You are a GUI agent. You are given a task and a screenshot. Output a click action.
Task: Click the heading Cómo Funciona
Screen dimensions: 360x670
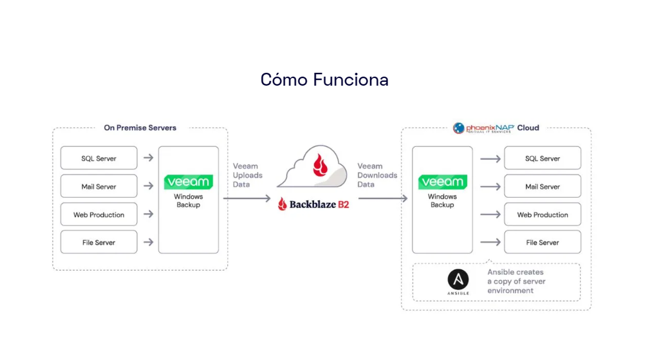click(x=324, y=80)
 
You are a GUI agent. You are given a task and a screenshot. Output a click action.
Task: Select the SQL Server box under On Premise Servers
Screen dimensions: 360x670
click(x=98, y=158)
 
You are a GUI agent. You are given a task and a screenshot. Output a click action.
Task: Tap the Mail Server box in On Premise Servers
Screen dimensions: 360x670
click(x=98, y=187)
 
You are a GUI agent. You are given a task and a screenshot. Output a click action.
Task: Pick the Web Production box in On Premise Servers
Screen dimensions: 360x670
click(x=98, y=214)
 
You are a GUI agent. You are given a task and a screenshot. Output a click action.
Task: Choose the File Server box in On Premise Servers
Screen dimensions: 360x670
click(x=98, y=243)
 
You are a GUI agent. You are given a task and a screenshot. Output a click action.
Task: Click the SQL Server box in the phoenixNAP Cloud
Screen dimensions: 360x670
click(x=543, y=158)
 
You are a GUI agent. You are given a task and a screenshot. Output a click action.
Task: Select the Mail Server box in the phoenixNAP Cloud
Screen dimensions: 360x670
click(x=543, y=187)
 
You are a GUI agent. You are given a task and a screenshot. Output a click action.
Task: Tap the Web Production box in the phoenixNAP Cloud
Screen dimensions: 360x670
click(x=543, y=214)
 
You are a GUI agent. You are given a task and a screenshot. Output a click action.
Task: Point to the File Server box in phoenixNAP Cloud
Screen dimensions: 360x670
click(x=543, y=243)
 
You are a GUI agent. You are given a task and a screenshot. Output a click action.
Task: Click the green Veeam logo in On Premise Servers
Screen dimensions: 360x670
click(x=189, y=182)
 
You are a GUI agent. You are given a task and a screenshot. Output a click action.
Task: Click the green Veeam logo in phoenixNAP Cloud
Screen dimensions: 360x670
click(x=442, y=182)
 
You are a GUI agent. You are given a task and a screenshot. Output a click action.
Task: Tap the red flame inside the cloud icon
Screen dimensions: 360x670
click(x=320, y=165)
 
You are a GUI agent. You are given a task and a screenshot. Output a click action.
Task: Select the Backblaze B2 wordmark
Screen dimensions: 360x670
click(x=314, y=205)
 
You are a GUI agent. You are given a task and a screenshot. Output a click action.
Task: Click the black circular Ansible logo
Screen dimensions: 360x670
click(x=458, y=279)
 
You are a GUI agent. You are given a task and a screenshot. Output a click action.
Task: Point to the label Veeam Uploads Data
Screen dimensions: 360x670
click(x=248, y=175)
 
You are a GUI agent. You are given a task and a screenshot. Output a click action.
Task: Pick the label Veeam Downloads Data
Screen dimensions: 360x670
click(x=377, y=175)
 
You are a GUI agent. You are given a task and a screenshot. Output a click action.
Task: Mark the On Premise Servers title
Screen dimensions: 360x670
click(x=140, y=128)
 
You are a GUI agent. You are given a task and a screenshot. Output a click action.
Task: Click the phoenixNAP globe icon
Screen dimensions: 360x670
click(x=459, y=128)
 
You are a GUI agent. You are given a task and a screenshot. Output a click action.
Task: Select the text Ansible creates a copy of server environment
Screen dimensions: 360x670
click(x=516, y=281)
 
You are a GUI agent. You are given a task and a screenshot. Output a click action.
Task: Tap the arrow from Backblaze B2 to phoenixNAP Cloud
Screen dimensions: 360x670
click(x=382, y=198)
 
